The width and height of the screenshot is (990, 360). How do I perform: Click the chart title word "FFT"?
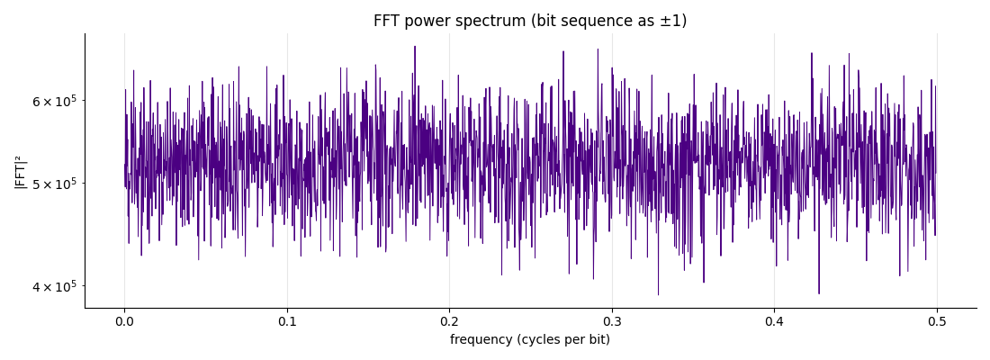tap(385, 21)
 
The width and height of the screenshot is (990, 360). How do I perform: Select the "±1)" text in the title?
tap(674, 22)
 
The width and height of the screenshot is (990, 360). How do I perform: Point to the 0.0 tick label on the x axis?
tap(124, 320)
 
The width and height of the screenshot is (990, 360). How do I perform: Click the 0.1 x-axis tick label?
tap(287, 320)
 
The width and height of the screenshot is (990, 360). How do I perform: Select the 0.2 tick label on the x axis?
tap(449, 320)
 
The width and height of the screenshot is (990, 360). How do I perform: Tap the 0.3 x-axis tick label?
tap(612, 320)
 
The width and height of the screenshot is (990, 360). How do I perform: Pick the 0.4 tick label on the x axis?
tap(775, 320)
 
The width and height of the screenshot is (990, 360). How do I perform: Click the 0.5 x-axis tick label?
tap(937, 320)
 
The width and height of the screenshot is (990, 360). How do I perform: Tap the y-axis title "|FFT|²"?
tap(20, 171)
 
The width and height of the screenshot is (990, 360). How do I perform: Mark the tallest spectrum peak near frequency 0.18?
tap(415, 46)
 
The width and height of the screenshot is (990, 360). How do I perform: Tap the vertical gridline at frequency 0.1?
tap(287, 170)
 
